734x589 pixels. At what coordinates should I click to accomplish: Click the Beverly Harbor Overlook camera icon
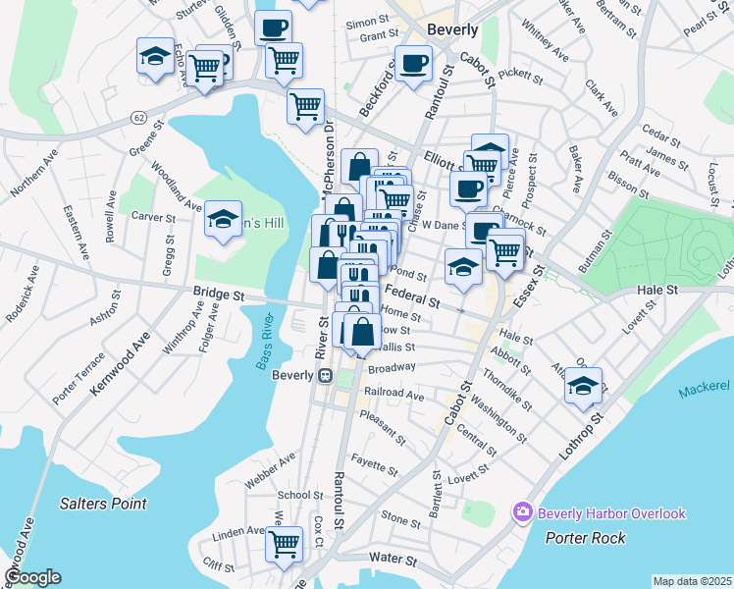click(x=522, y=512)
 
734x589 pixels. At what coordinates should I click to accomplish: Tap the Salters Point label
click(x=103, y=504)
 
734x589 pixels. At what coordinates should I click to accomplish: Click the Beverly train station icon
click(x=323, y=375)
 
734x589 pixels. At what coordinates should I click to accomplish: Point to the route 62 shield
click(x=138, y=117)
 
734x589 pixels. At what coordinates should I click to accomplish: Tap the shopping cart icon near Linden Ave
click(x=285, y=542)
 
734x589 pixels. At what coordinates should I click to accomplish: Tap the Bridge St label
click(x=217, y=294)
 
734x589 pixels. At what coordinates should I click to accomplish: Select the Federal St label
click(x=409, y=294)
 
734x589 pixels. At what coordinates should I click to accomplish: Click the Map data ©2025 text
click(x=691, y=581)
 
